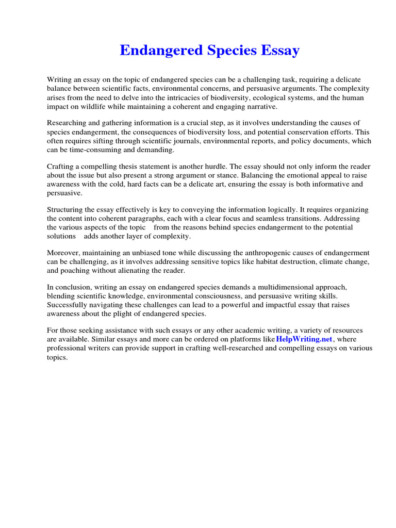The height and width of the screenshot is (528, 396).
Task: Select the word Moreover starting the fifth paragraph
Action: coord(64,253)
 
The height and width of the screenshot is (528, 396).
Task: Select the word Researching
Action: coord(68,123)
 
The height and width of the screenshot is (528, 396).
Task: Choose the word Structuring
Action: coord(66,209)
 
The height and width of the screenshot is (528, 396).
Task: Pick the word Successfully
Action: coord(68,305)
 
